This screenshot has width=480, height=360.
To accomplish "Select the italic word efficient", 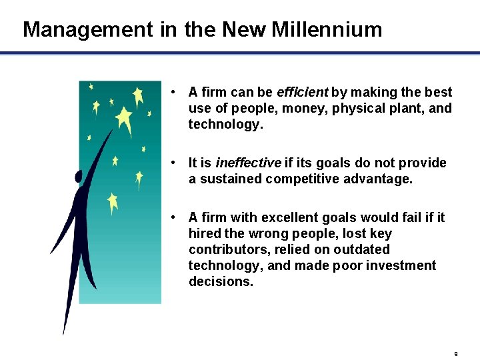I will point(302,92).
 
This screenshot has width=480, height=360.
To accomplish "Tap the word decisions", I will point(221,281).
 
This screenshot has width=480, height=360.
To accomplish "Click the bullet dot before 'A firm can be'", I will point(173,92).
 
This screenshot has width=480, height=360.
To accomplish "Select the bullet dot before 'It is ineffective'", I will point(173,163).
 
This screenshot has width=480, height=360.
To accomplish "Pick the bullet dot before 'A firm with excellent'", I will point(173,217).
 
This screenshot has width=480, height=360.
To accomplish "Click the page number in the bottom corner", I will point(456,353).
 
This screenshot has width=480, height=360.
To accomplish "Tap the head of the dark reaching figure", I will point(79,177).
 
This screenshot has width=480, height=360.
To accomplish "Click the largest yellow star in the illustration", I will point(124,120).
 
